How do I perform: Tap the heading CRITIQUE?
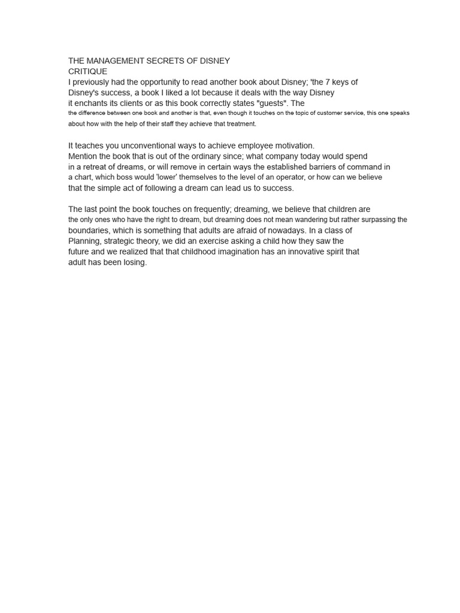(x=87, y=71)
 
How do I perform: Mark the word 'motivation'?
(x=292, y=145)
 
